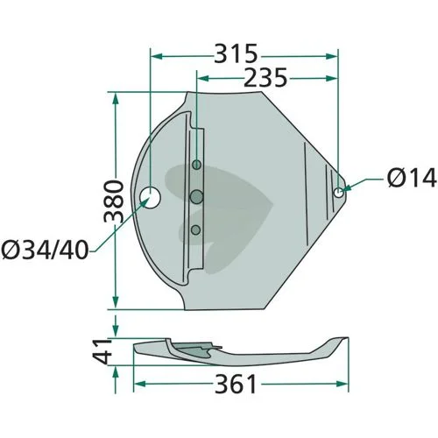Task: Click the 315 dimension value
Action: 236,53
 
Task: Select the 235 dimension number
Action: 265,78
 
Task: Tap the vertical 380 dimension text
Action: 114,201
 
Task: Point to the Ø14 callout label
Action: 412,178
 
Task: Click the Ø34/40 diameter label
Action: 45,251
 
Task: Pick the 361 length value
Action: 236,384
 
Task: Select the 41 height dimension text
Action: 102,351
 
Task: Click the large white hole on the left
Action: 150,198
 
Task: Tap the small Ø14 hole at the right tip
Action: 338,193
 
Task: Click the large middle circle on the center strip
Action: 196,197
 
